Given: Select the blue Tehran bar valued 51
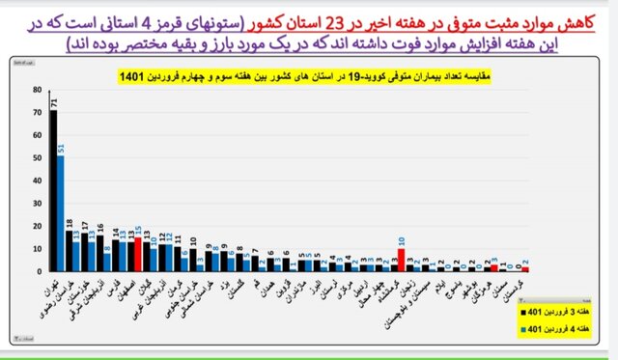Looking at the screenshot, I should coord(61,213).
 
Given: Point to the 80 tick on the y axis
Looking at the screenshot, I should coord(37,90).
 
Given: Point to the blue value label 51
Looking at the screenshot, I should coord(62,148).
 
